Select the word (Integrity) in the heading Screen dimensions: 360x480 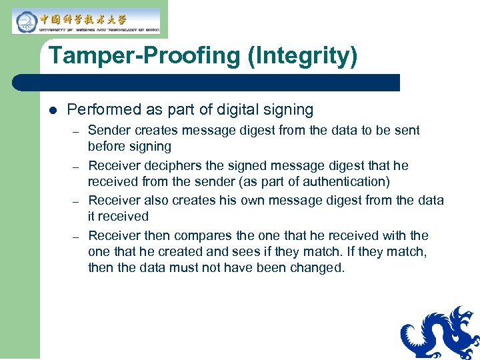click(302, 55)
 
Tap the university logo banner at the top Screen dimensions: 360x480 click(86, 20)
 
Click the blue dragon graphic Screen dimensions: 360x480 click(441, 333)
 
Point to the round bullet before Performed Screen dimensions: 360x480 click(53, 110)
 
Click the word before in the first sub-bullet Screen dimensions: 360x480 click(107, 146)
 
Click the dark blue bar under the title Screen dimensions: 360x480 click(207, 83)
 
